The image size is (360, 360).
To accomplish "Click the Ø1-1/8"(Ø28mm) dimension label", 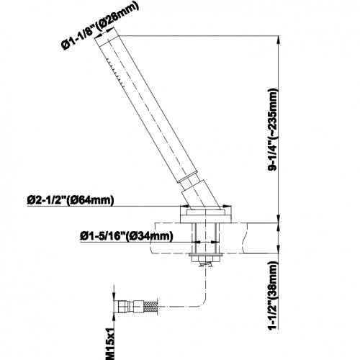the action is pyautogui.click(x=100, y=25).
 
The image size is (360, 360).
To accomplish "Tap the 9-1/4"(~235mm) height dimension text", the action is pyautogui.click(x=273, y=130).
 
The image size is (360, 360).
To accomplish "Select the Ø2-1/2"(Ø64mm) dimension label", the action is pyautogui.click(x=71, y=201).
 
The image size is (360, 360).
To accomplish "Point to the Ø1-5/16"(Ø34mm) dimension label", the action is pyautogui.click(x=127, y=236).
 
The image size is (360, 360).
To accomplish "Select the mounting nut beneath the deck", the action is pyautogui.click(x=205, y=258).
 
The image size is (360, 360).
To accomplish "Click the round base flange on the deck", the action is pyautogui.click(x=206, y=216).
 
